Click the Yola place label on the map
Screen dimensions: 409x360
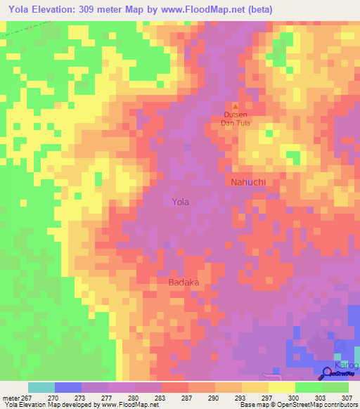[181, 202]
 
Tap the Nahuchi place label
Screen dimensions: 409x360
[246, 182]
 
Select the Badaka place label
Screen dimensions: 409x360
[184, 282]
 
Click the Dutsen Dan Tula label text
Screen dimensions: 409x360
[236, 119]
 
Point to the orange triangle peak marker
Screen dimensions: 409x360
[236, 105]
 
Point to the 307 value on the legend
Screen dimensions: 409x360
[345, 398]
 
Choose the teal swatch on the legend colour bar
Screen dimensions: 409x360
[41, 387]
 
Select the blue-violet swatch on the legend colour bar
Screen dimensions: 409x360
[68, 387]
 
